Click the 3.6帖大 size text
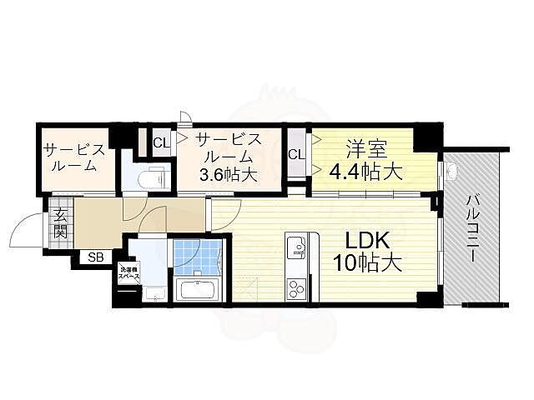pyautogui.click(x=227, y=175)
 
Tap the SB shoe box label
pyautogui.click(x=97, y=257)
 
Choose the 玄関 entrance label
pyautogui.click(x=61, y=223)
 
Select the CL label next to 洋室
pyautogui.click(x=296, y=154)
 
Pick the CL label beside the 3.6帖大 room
pyautogui.click(x=161, y=142)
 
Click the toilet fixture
pyautogui.click(x=153, y=177)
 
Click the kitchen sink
pyautogui.click(x=296, y=247)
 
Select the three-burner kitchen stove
pyautogui.click(x=297, y=287)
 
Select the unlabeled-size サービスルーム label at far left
pyautogui.click(x=75, y=157)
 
